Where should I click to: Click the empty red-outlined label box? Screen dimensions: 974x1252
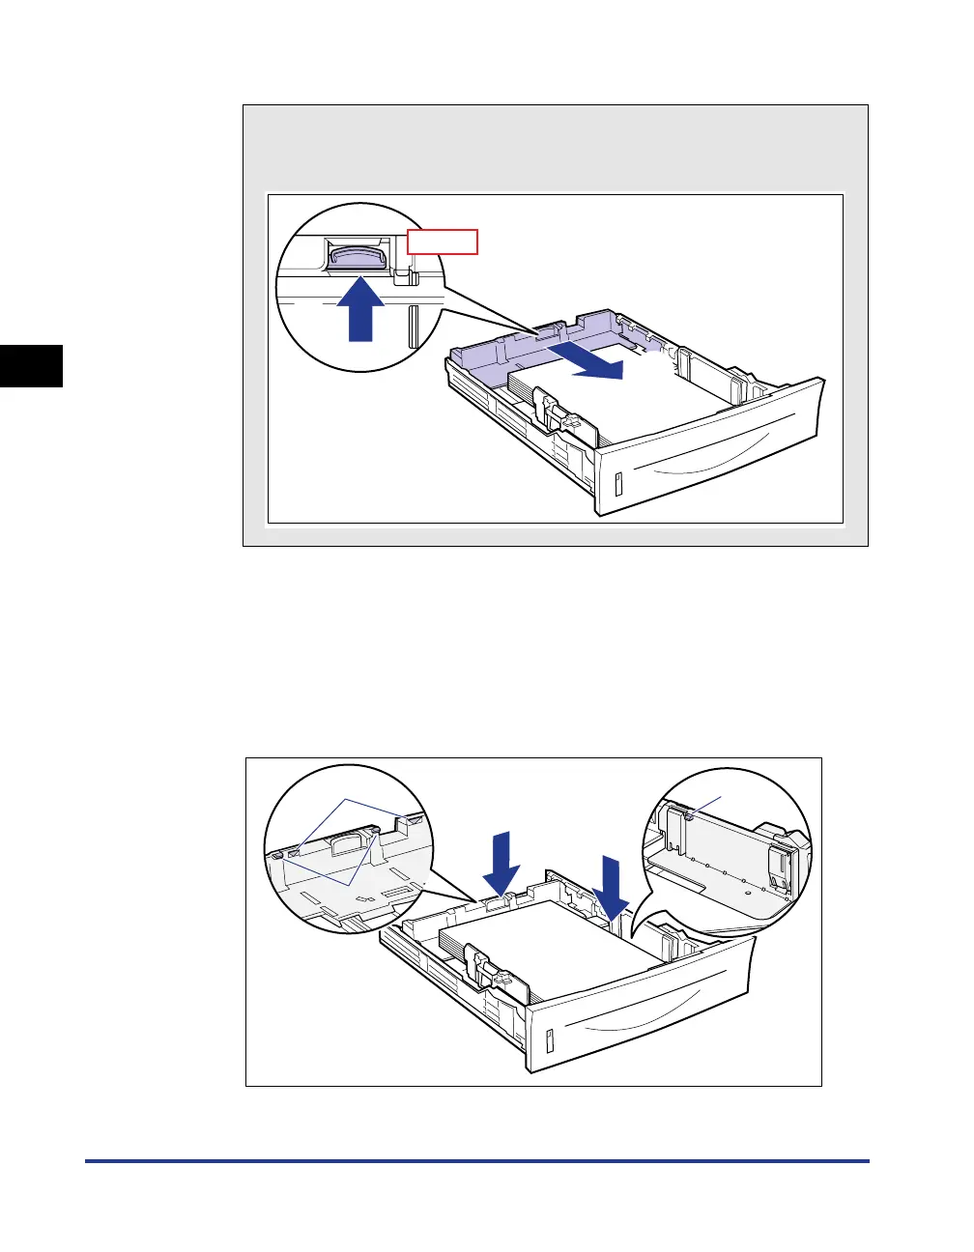tap(443, 242)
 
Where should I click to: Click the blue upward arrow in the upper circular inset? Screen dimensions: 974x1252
tap(359, 308)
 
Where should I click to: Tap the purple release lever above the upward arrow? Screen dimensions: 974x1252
tap(358, 255)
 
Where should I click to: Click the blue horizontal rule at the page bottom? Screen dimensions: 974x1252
tap(477, 1161)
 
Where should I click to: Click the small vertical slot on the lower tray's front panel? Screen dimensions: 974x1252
tap(549, 1041)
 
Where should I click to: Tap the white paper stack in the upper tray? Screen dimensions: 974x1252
tap(618, 396)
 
